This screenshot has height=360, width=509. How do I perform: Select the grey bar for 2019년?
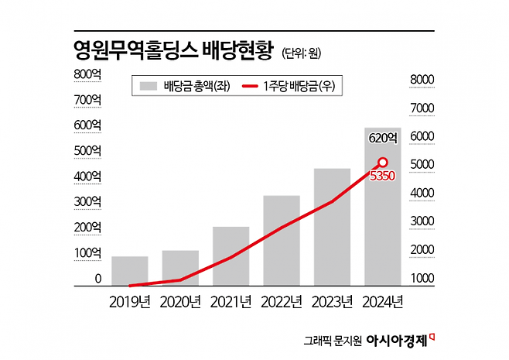pyautogui.click(x=129, y=271)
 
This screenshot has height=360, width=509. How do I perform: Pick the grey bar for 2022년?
pyautogui.click(x=281, y=241)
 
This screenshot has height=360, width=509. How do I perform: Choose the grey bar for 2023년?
pyautogui.click(x=332, y=228)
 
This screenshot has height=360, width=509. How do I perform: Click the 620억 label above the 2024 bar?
pyautogui.click(x=383, y=139)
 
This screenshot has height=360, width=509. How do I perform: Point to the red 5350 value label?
pyautogui.click(x=383, y=177)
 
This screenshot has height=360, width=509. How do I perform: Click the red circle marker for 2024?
pyautogui.click(x=382, y=163)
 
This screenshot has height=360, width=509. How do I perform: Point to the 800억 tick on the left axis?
pyautogui.click(x=87, y=74)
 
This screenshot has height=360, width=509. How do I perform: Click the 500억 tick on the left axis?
pyautogui.click(x=87, y=149)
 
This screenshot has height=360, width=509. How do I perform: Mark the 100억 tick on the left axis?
pyautogui.click(x=87, y=253)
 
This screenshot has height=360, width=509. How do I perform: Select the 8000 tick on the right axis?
pyautogui.click(x=423, y=79)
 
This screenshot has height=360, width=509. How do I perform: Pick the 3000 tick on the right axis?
pyautogui.click(x=423, y=221)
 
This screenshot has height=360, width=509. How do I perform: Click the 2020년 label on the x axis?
pyautogui.click(x=180, y=301)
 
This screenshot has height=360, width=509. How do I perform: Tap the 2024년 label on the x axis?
pyautogui.click(x=383, y=301)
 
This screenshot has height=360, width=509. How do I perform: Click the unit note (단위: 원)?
pyautogui.click(x=302, y=53)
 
